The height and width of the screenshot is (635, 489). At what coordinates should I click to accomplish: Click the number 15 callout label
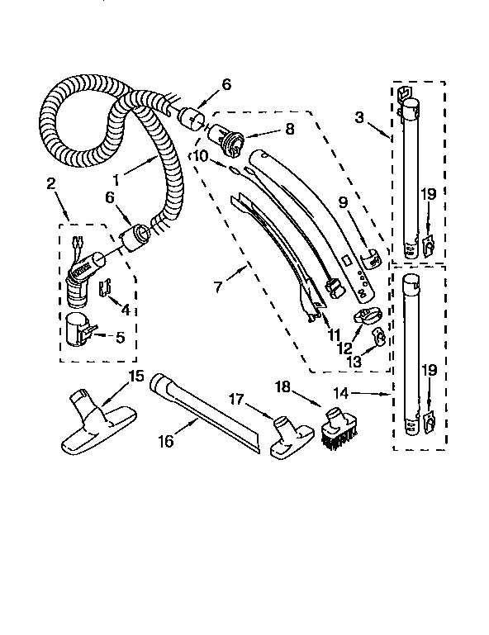pos(135,376)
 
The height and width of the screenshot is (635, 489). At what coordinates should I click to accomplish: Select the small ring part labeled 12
pos(365,315)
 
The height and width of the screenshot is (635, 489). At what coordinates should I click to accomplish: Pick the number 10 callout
pos(202,155)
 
